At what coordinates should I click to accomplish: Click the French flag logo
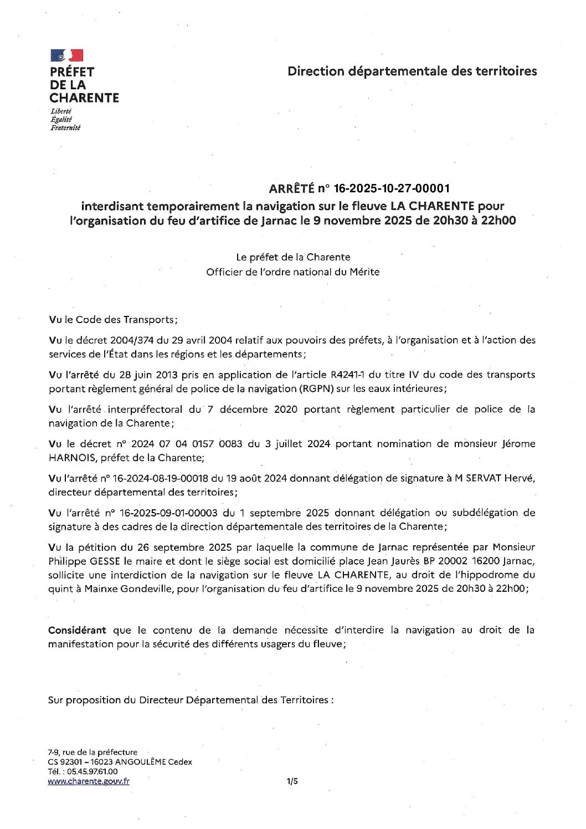[x=67, y=55]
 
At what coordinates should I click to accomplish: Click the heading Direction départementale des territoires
[x=412, y=71]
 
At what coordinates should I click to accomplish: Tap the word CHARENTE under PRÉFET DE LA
[x=84, y=98]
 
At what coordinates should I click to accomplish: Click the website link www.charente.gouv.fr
[x=89, y=781]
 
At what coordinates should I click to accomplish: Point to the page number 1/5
[x=292, y=781]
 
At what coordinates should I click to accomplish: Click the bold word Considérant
[x=77, y=630]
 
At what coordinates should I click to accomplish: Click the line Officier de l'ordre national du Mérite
[x=292, y=272]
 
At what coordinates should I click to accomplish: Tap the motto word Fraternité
[x=65, y=128]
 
